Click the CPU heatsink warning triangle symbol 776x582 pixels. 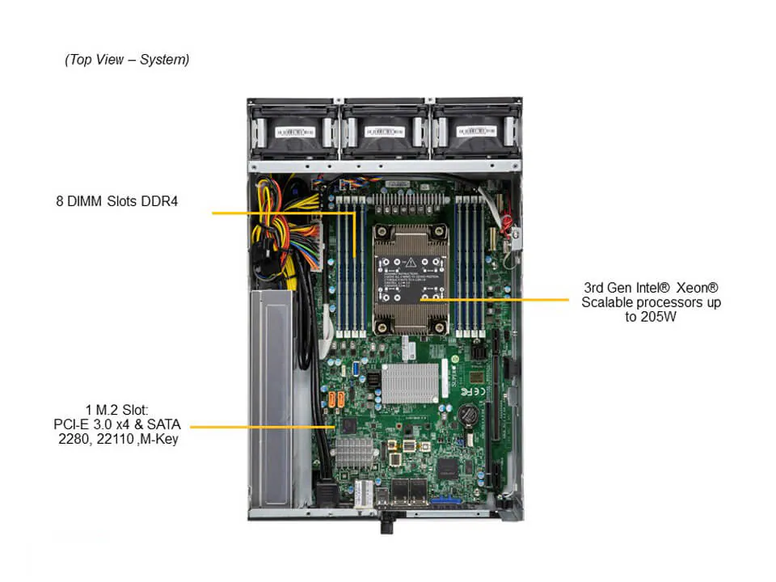tap(412, 263)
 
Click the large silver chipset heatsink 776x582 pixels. tap(410, 382)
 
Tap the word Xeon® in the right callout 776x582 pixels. tap(697, 288)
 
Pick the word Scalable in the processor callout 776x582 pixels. tap(609, 302)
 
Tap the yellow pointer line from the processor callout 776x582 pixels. tap(501, 300)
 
